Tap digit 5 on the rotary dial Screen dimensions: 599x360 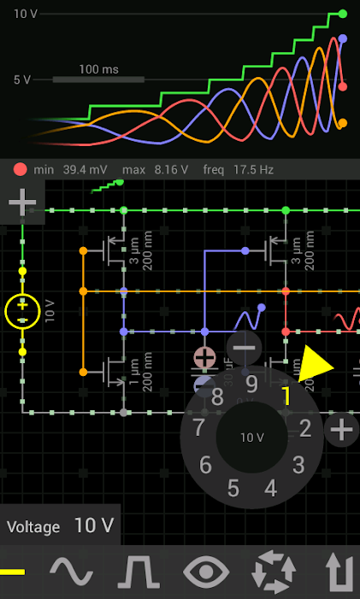coord(233,489)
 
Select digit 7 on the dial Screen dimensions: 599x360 coord(199,427)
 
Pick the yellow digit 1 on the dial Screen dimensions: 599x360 coord(286,396)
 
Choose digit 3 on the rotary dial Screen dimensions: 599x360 coord(298,465)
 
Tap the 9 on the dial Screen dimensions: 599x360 coord(251,384)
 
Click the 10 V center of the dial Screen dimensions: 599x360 coord(251,437)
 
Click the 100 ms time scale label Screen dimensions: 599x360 coord(98,68)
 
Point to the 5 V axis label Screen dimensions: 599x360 coord(21,79)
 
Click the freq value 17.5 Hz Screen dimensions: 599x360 coord(250,170)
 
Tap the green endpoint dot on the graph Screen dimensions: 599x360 coord(343,14)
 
